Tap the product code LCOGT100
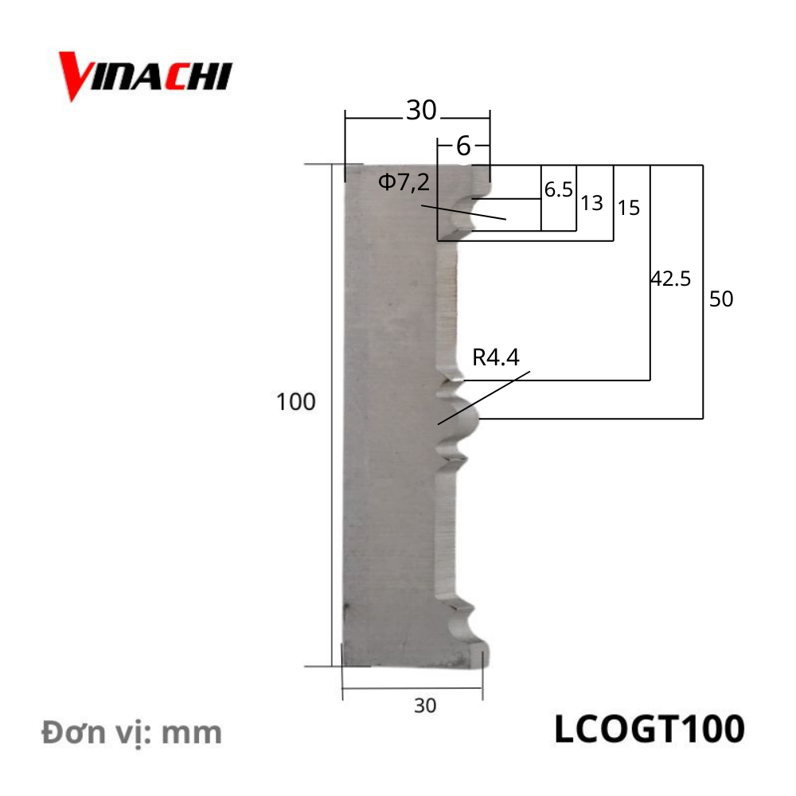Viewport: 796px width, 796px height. [649, 728]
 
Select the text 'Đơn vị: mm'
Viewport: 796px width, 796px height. [132, 732]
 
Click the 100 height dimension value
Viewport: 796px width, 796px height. [296, 402]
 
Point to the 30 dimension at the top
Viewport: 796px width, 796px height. [421, 111]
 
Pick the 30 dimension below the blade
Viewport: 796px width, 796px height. [425, 704]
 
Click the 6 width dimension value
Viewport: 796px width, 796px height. [463, 146]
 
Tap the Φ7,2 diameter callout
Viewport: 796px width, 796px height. [404, 183]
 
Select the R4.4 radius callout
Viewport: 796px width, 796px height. [495, 357]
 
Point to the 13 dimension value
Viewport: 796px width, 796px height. [591, 203]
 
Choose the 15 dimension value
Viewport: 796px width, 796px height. [628, 209]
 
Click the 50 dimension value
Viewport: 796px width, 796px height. [720, 300]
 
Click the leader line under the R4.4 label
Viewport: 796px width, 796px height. [483, 397]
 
